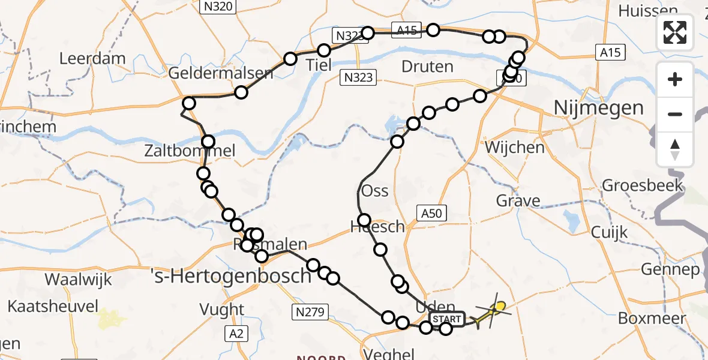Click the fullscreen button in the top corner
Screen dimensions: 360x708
click(675, 32)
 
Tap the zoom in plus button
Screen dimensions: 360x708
click(675, 79)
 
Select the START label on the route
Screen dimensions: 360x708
click(447, 319)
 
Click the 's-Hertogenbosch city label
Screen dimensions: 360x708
click(230, 276)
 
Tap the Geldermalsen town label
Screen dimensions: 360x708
click(221, 74)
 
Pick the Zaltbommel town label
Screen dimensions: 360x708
click(190, 151)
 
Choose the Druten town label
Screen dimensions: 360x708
click(427, 67)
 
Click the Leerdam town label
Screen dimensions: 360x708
click(92, 59)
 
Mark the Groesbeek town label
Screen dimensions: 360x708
click(643, 184)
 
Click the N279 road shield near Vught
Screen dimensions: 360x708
click(310, 311)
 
